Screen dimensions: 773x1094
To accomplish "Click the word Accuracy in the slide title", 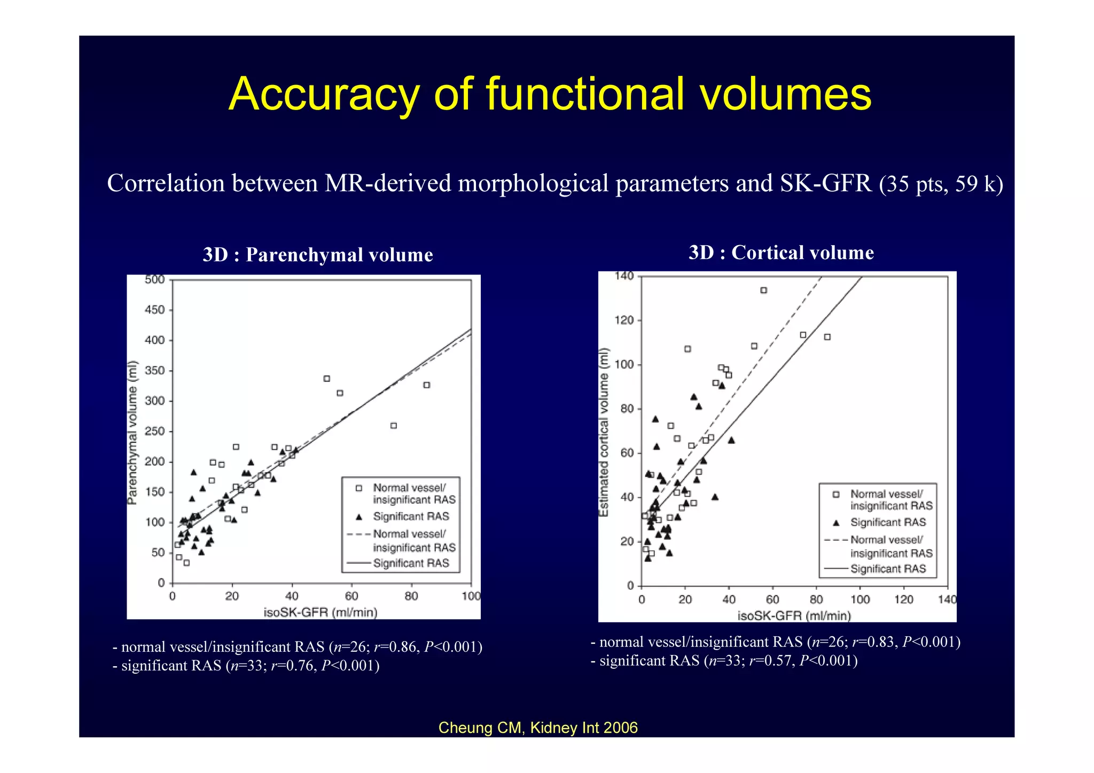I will click(324, 95).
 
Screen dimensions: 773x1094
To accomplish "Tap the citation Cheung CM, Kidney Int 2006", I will click(538, 728).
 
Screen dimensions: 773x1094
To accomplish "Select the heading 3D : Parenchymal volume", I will click(318, 255).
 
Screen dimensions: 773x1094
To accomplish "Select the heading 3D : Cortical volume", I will click(781, 253).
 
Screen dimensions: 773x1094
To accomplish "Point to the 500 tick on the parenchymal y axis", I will click(155, 280).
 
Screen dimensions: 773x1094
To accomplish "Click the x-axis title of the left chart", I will click(321, 612).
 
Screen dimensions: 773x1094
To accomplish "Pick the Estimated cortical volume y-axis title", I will click(604, 432).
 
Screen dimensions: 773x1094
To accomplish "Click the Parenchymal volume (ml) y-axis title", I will click(132, 432).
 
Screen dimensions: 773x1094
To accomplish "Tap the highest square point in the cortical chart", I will click(763, 290).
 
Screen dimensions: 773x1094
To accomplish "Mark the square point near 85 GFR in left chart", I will click(426, 385).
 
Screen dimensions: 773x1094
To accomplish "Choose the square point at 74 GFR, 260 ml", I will click(394, 426).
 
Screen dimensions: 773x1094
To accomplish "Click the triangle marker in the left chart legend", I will click(359, 517).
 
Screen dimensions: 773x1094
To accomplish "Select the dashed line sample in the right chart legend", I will click(835, 540).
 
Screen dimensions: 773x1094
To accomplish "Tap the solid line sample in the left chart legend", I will click(359, 563).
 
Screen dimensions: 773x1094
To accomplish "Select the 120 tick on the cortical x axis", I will click(904, 599).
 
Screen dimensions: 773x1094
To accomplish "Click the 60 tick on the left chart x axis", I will click(351, 596).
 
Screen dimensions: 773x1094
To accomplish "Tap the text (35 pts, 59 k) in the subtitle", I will click(941, 184).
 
